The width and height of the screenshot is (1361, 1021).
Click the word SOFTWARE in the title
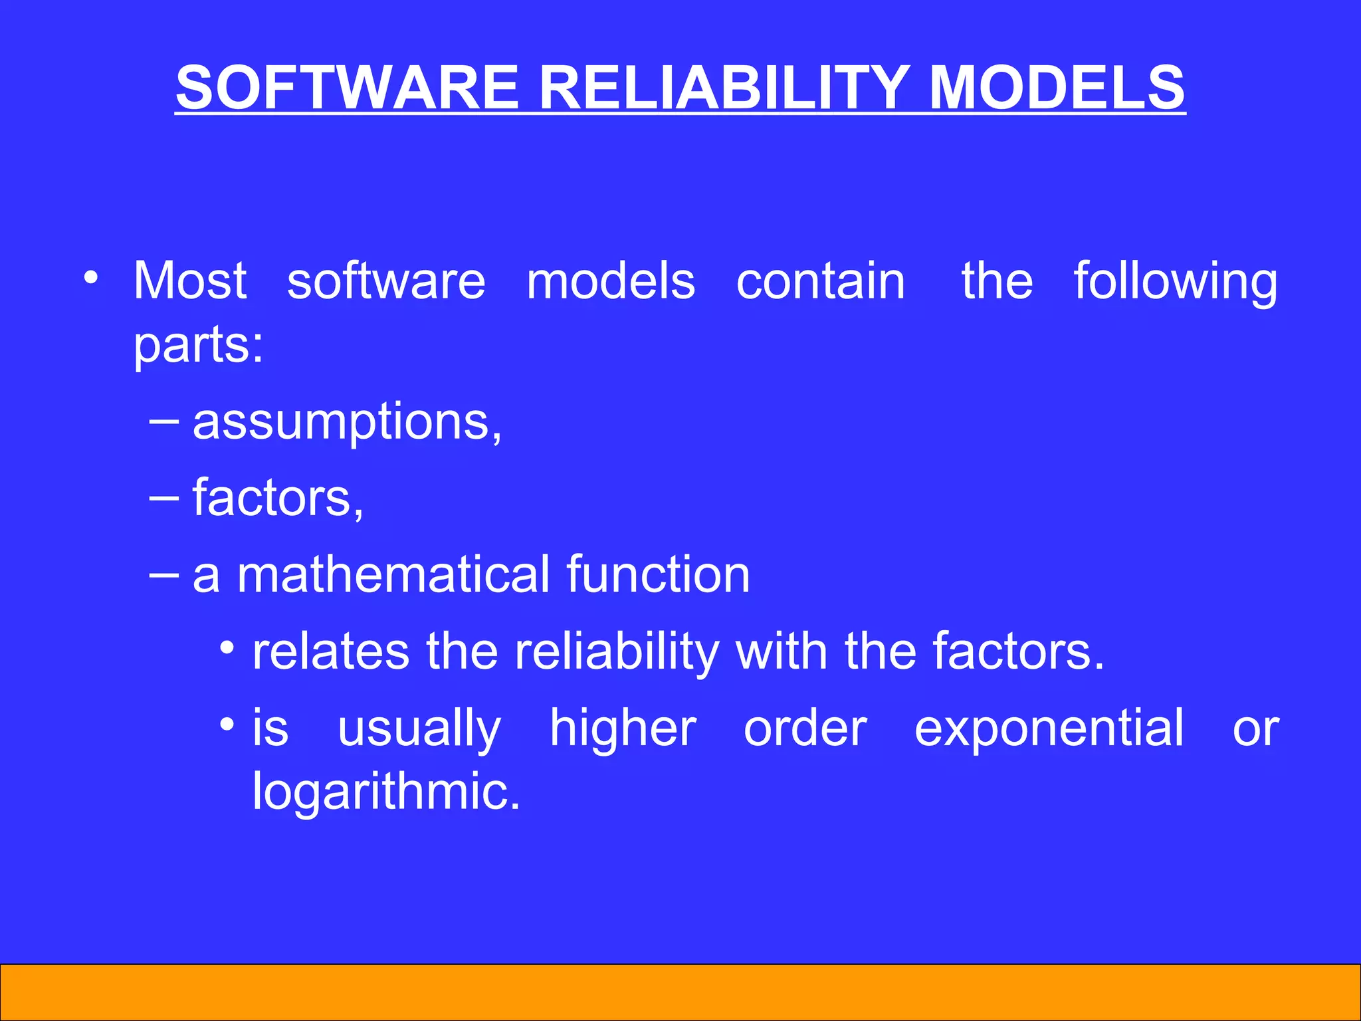(346, 88)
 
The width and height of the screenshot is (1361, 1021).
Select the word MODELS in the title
(1056, 88)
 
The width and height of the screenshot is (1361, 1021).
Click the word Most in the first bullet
(190, 281)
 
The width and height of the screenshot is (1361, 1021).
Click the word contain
(821, 281)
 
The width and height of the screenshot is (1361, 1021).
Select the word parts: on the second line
(198, 346)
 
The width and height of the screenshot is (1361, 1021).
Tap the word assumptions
(346, 422)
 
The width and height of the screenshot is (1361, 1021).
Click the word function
(658, 574)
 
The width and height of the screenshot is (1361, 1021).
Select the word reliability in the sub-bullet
(617, 653)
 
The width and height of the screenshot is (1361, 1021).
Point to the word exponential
(1049, 729)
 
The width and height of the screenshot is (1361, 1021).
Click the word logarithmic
(385, 792)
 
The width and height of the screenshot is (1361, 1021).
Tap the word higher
(623, 729)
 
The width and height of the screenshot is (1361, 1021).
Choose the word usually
(419, 729)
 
